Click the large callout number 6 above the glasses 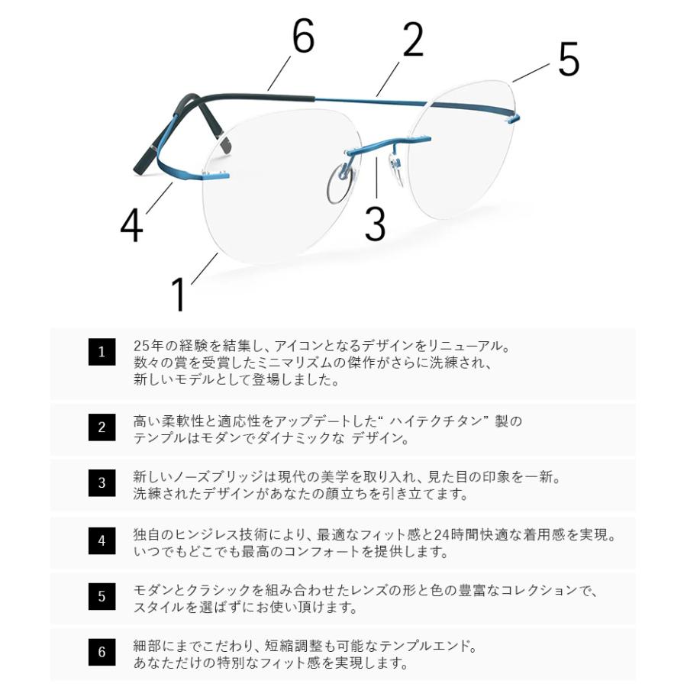click(x=303, y=37)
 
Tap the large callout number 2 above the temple click(x=412, y=40)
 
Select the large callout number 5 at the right click(x=569, y=60)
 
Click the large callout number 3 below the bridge click(x=375, y=221)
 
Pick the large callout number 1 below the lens click(x=179, y=294)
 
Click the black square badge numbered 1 click(x=102, y=352)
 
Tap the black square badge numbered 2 click(x=102, y=427)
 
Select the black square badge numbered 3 click(x=102, y=483)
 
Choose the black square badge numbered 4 click(x=102, y=541)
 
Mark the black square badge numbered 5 click(x=102, y=597)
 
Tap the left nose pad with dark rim click(x=340, y=185)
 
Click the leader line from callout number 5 click(x=531, y=73)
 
